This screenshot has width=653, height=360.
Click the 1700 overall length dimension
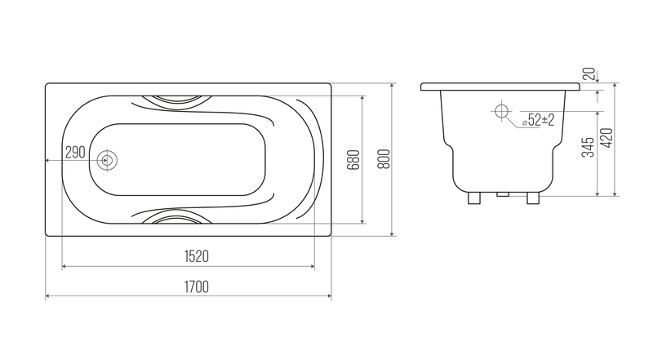coord(196,287)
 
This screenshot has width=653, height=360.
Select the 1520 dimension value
coord(196,256)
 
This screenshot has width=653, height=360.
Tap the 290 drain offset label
coord(75,153)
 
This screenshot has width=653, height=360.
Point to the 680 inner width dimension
coord(353,159)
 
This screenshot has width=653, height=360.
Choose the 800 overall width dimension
coord(384,158)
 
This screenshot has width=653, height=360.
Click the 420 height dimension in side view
coord(607,137)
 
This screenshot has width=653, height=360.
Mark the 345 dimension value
coord(588,147)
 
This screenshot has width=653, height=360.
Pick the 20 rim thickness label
coord(589,74)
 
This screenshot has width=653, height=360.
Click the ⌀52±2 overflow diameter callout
coord(538,121)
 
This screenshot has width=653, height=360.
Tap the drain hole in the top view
coord(107,161)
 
